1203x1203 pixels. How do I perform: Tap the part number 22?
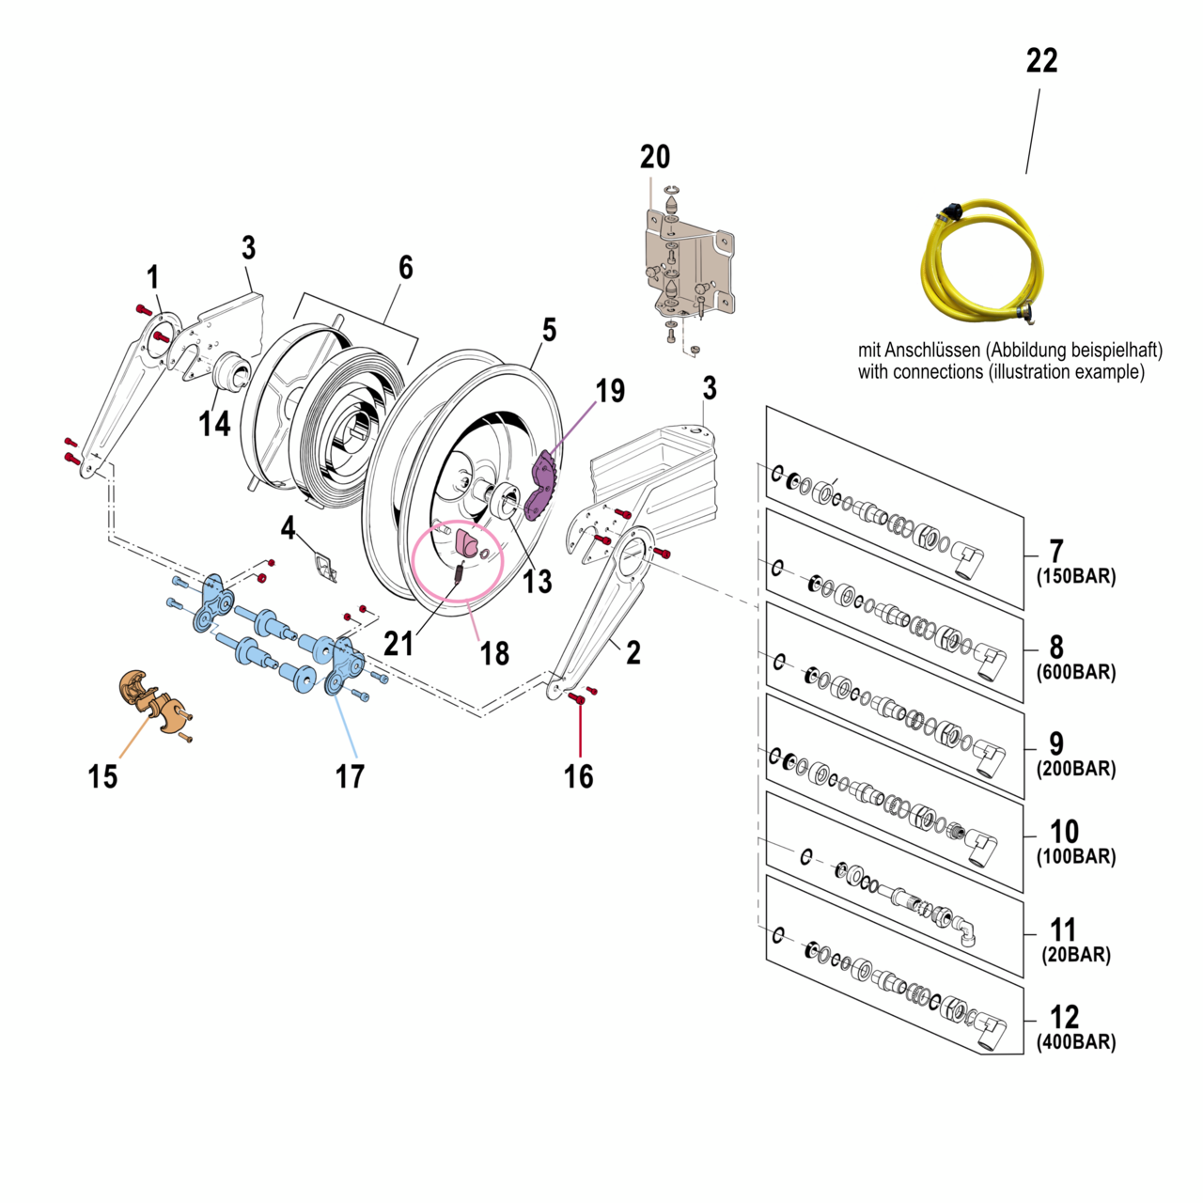coord(1041,61)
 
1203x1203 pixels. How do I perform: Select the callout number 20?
coord(655,157)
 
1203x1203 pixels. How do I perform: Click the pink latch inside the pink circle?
coord(468,543)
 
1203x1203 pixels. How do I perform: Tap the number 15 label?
coord(102,776)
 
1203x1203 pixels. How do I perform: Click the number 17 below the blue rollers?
coord(350,776)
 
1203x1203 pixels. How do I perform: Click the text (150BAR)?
coord(1076,576)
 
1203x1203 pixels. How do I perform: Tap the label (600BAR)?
coord(1076,672)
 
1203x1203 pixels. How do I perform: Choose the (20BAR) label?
coord(1076,955)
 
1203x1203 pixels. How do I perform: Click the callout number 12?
coord(1064,1017)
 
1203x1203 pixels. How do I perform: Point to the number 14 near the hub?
coord(214,424)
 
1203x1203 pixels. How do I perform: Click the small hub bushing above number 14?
coord(231,370)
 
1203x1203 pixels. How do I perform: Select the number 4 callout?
coord(288,528)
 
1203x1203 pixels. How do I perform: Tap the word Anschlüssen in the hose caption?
coord(933,351)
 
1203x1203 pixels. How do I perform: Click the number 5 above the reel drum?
coord(549,330)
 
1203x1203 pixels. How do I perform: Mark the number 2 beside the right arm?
coord(633,652)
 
